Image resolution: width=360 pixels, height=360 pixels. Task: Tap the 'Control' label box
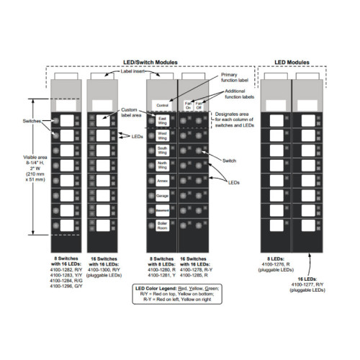[x=162, y=106]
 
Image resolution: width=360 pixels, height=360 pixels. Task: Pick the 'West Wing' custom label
[x=162, y=134]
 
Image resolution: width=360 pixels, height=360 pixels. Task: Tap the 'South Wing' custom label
[x=162, y=149]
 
